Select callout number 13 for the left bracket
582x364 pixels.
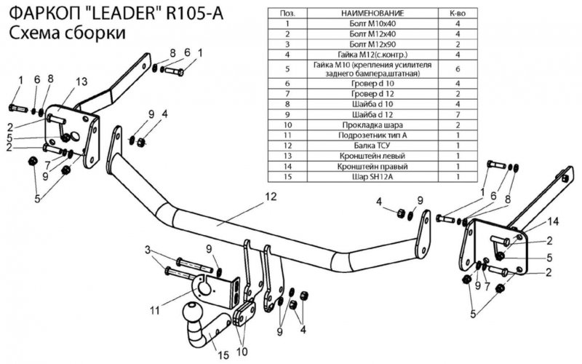(81, 80)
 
